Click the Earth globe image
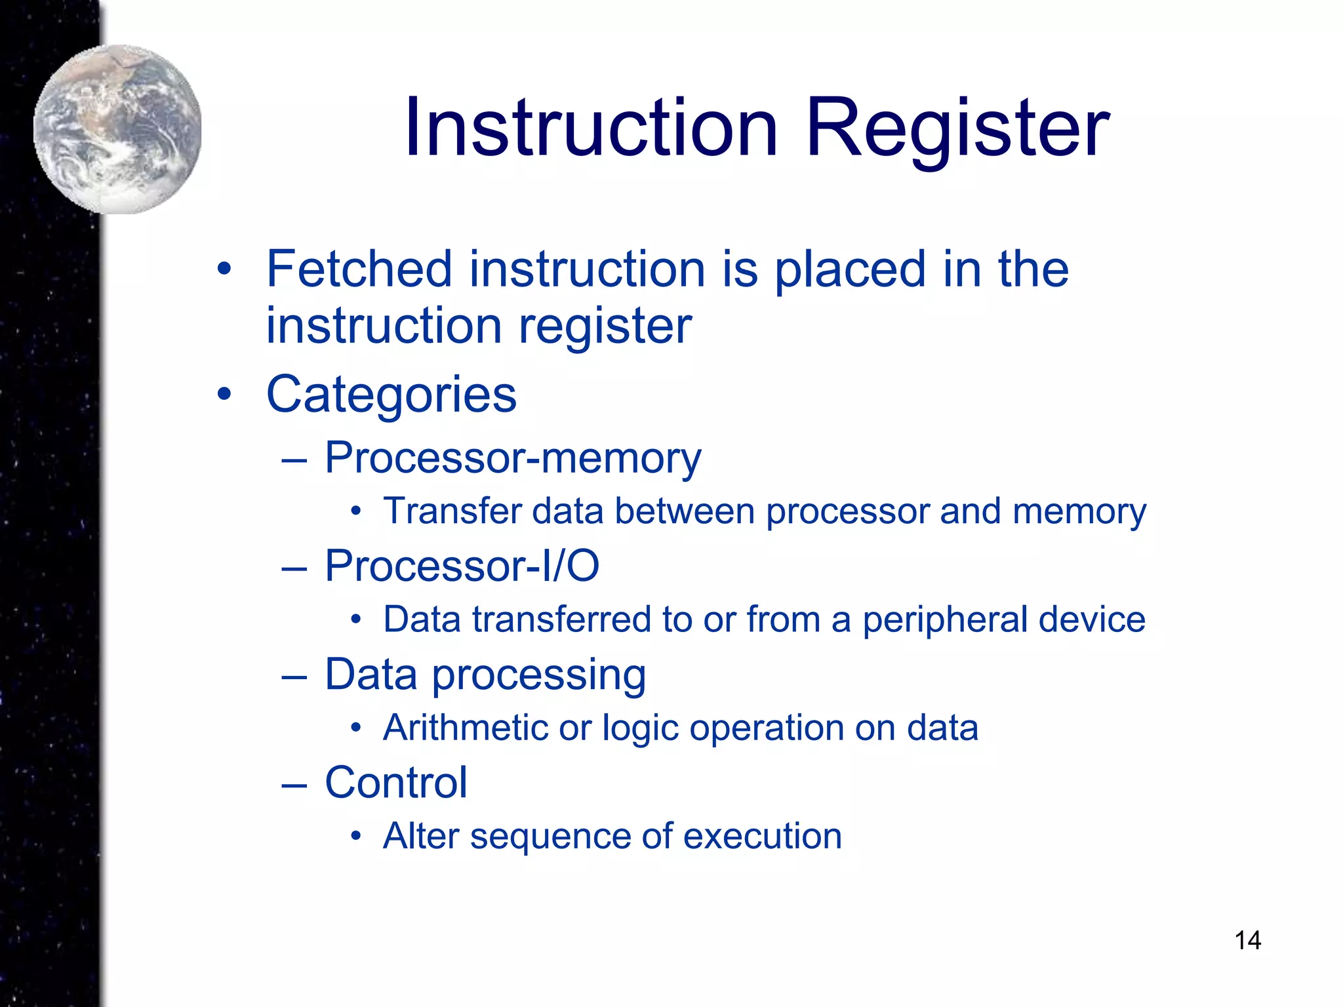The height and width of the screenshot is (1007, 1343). click(118, 129)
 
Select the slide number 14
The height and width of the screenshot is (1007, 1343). click(1247, 940)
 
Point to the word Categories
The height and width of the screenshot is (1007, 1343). click(391, 395)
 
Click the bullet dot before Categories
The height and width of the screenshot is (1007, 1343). click(225, 395)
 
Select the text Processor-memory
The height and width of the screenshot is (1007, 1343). click(513, 458)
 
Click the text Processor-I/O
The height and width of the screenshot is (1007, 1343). click(462, 566)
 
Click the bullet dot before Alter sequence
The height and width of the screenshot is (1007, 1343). click(355, 837)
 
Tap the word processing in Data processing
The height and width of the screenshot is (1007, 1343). click(538, 675)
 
